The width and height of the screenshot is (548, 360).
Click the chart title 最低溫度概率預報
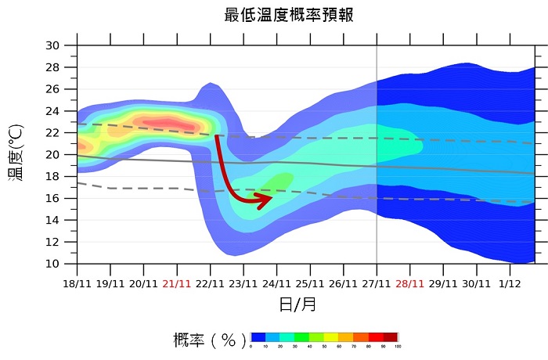tap(289, 15)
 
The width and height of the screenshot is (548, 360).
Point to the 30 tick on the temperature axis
tap(52, 45)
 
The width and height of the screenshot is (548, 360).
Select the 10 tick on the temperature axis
tap(52, 265)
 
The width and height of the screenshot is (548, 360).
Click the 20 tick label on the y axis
tap(52, 155)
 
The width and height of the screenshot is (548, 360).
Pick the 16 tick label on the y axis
tap(52, 199)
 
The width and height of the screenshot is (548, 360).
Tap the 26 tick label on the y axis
tap(52, 89)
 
